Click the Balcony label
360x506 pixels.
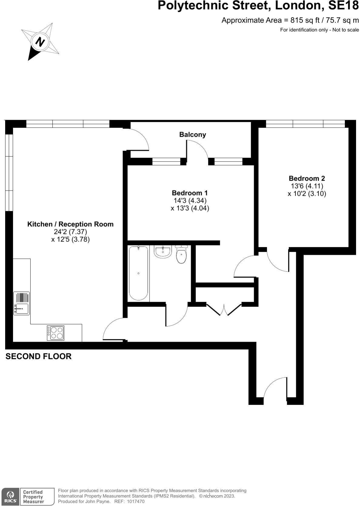tap(193, 135)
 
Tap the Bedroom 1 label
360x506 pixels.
tap(190, 193)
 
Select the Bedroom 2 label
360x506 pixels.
tap(307, 179)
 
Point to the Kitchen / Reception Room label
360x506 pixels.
tap(70, 224)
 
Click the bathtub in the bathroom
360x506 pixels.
tap(138, 273)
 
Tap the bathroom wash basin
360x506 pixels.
tap(163, 252)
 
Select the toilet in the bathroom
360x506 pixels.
tap(181, 255)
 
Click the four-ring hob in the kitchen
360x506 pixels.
tap(55, 333)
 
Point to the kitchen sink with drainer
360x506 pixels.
tap(21, 303)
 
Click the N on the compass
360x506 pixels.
tap(40, 41)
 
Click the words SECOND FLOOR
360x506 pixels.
tap(38, 356)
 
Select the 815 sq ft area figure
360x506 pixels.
tap(305, 20)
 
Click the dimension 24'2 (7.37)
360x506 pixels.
tap(70, 232)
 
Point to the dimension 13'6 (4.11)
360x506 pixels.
tap(307, 186)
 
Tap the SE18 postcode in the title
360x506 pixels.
tap(343, 5)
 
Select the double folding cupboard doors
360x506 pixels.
tap(224, 310)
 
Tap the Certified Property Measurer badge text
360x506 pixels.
tap(33, 497)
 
